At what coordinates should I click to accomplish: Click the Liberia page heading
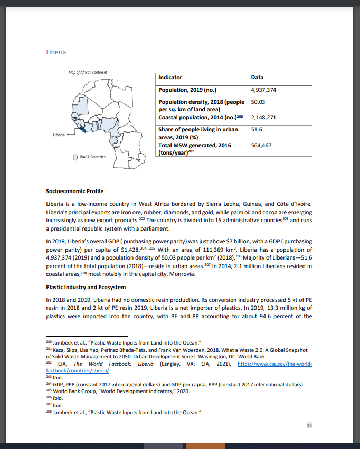coord(56,52)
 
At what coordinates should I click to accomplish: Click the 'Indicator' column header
coord(170,78)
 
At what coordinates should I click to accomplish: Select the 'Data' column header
coord(257,78)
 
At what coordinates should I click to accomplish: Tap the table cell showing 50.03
coord(258,102)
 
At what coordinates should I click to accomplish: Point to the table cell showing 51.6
coord(257,129)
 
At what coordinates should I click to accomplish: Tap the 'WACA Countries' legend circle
coord(76,157)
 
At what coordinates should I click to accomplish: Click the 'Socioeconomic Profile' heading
coord(75,191)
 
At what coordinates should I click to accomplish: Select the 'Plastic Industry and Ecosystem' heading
coord(86,287)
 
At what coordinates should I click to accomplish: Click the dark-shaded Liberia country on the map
coord(80,128)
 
